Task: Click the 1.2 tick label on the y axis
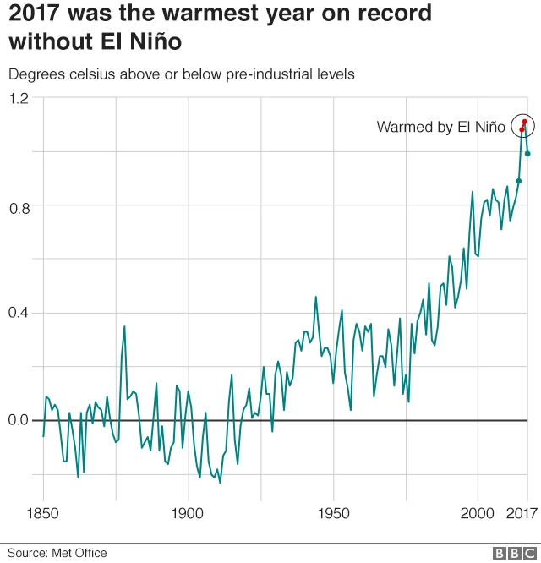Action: click(19, 98)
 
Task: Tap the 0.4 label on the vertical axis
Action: click(19, 313)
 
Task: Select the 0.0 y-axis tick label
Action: click(19, 420)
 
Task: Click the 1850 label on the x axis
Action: click(43, 514)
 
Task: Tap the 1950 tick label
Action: click(333, 514)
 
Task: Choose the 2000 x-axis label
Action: click(478, 514)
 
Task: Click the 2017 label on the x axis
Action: click(522, 514)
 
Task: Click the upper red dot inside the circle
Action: click(525, 122)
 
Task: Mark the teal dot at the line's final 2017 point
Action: click(527, 153)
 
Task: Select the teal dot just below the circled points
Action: click(519, 181)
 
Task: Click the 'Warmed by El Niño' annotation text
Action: click(440, 128)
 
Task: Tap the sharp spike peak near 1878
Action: click(124, 326)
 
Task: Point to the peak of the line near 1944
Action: click(316, 297)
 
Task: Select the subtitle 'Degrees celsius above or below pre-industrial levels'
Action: click(181, 74)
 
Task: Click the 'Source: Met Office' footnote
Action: click(58, 553)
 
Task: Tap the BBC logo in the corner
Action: click(510, 553)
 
